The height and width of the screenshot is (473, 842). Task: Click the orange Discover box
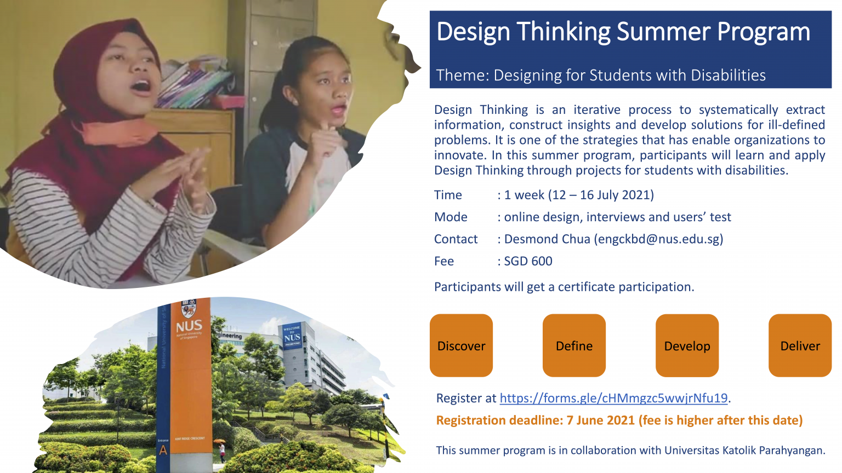pos(461,345)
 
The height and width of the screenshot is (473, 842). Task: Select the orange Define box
pos(574,345)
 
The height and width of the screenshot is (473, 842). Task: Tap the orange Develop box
pos(687,345)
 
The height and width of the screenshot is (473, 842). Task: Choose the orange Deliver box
pos(800,345)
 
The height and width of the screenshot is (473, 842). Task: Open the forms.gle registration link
pos(613,398)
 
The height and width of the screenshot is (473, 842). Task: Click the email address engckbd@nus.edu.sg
pos(658,239)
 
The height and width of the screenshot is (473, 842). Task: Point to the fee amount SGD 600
pos(528,261)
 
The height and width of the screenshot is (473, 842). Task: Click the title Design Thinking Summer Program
pos(623,32)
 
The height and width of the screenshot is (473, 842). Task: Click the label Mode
pos(451,217)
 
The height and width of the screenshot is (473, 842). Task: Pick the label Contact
pos(456,239)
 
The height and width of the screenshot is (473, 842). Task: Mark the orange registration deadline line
pos(619,420)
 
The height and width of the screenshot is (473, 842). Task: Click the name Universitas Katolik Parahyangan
pos(744,451)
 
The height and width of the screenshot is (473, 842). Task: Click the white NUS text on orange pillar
pos(189,326)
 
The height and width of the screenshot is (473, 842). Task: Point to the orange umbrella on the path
pos(219,441)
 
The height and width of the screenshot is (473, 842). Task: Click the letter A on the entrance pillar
pos(163,451)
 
